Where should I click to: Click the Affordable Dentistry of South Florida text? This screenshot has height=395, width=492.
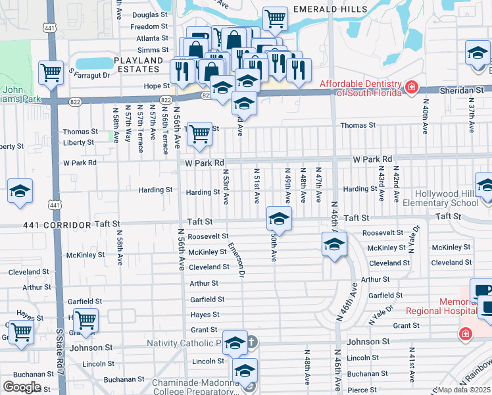(x=360, y=88)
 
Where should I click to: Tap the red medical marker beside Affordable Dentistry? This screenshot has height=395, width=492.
(x=411, y=87)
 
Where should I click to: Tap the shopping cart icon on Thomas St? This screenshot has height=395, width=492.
(x=199, y=134)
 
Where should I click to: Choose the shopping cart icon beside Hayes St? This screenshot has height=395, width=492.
(x=86, y=321)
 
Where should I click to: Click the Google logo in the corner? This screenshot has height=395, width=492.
(x=22, y=386)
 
